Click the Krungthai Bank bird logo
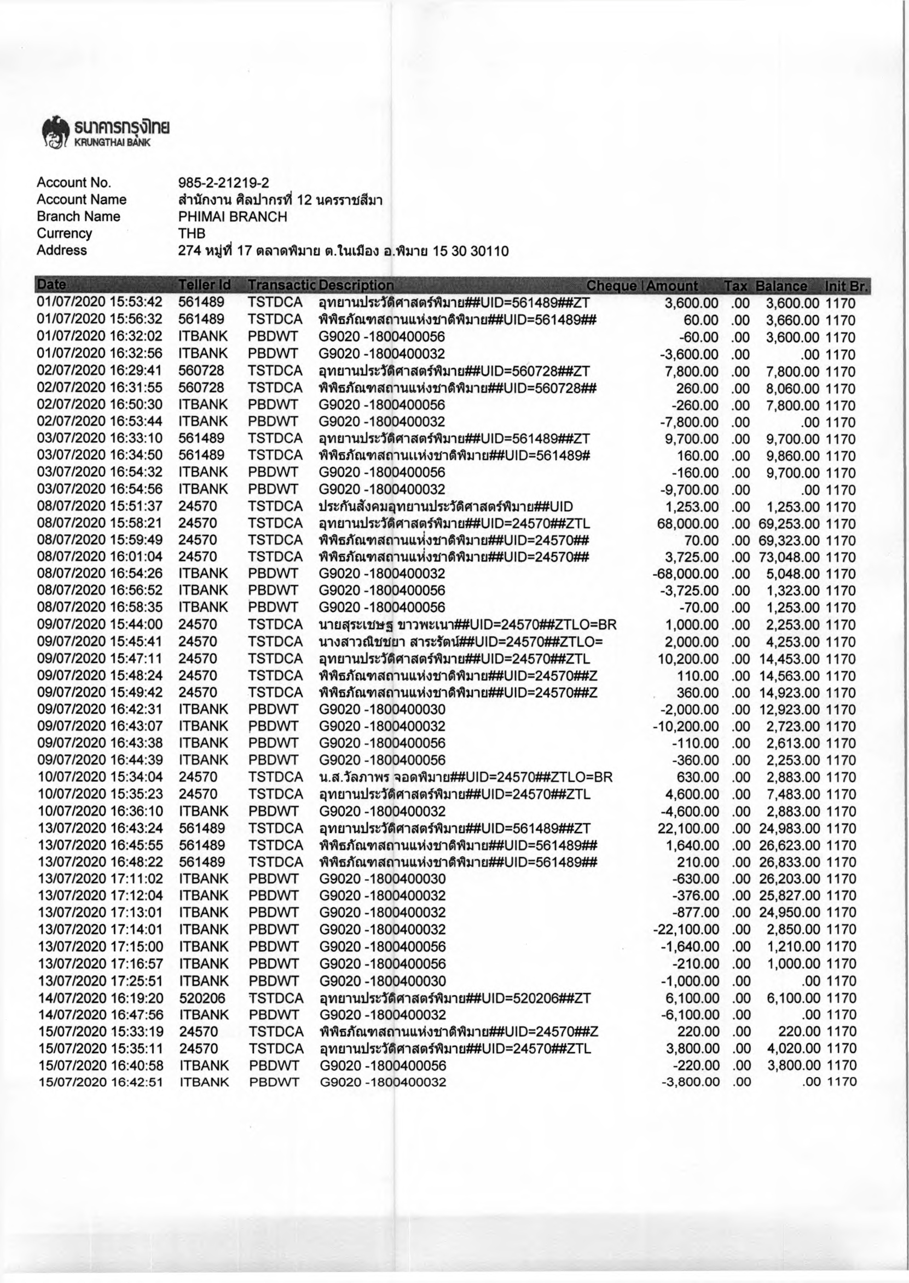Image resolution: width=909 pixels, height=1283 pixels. (54, 132)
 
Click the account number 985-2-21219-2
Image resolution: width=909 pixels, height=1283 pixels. (223, 182)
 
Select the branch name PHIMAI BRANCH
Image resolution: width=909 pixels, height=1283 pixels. (232, 217)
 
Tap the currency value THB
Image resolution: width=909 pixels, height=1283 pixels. (192, 233)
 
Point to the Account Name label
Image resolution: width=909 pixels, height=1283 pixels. (82, 200)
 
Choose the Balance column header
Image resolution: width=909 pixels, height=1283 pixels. (781, 286)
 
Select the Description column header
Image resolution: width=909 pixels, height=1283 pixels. (356, 286)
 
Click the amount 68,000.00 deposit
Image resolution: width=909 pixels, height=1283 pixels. (688, 524)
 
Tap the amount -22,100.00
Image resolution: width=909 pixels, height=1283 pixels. (686, 930)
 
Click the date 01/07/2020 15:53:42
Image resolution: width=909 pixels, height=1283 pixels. (100, 302)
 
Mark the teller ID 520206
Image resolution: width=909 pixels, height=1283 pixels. (201, 998)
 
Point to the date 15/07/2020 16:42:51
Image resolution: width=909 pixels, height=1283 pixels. (101, 1082)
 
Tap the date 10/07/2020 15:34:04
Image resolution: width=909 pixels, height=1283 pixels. (100, 777)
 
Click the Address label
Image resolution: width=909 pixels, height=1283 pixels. (62, 250)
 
